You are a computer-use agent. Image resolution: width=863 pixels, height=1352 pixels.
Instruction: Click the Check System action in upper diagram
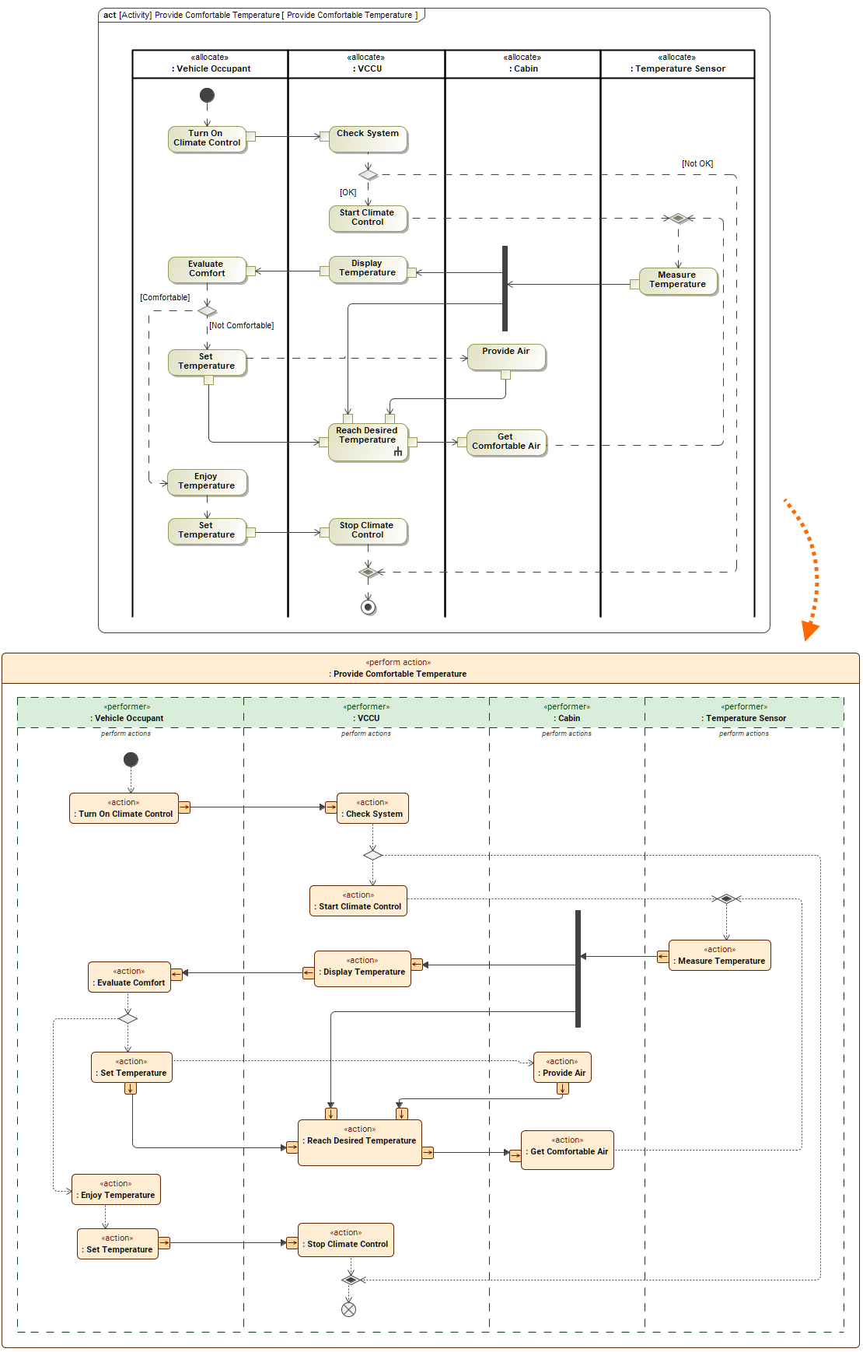(368, 139)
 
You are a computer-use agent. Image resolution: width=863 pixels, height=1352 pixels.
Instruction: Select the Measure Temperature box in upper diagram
(677, 280)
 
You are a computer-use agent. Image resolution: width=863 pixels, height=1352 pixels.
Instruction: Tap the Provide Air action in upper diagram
(506, 356)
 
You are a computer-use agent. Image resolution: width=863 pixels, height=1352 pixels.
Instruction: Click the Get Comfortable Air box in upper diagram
(506, 442)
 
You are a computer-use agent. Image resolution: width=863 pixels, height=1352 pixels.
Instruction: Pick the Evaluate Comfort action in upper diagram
(207, 269)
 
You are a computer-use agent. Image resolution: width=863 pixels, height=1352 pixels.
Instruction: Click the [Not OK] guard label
(697, 163)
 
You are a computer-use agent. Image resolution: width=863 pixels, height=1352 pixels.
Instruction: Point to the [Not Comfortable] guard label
(241, 325)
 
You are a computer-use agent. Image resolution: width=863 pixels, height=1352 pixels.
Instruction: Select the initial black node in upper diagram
(207, 95)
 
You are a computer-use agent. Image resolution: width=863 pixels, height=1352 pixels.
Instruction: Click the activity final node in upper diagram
(369, 607)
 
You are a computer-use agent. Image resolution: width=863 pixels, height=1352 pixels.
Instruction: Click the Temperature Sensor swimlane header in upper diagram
(677, 64)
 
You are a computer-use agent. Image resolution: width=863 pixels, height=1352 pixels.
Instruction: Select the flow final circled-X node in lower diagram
(349, 1309)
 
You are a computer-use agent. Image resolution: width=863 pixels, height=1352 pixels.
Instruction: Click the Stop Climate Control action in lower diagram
(346, 1239)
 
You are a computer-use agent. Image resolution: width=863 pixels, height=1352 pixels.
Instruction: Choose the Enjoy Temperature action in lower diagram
(117, 1189)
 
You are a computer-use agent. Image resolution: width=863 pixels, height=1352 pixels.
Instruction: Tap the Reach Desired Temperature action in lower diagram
(360, 1142)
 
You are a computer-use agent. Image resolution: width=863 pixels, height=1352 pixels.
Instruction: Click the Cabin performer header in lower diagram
(567, 713)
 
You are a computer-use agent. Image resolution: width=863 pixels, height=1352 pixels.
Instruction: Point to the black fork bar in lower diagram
(578, 968)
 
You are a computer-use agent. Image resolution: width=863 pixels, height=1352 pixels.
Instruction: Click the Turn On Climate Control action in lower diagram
(124, 808)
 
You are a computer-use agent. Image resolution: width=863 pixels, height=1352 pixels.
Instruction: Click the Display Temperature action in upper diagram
(368, 268)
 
